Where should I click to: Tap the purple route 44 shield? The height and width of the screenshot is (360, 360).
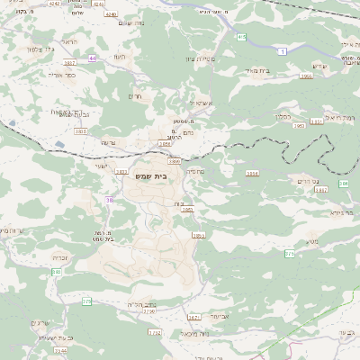[93, 58]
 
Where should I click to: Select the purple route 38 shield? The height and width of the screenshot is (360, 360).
[110, 200]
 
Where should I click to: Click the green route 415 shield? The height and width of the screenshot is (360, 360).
[241, 37]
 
